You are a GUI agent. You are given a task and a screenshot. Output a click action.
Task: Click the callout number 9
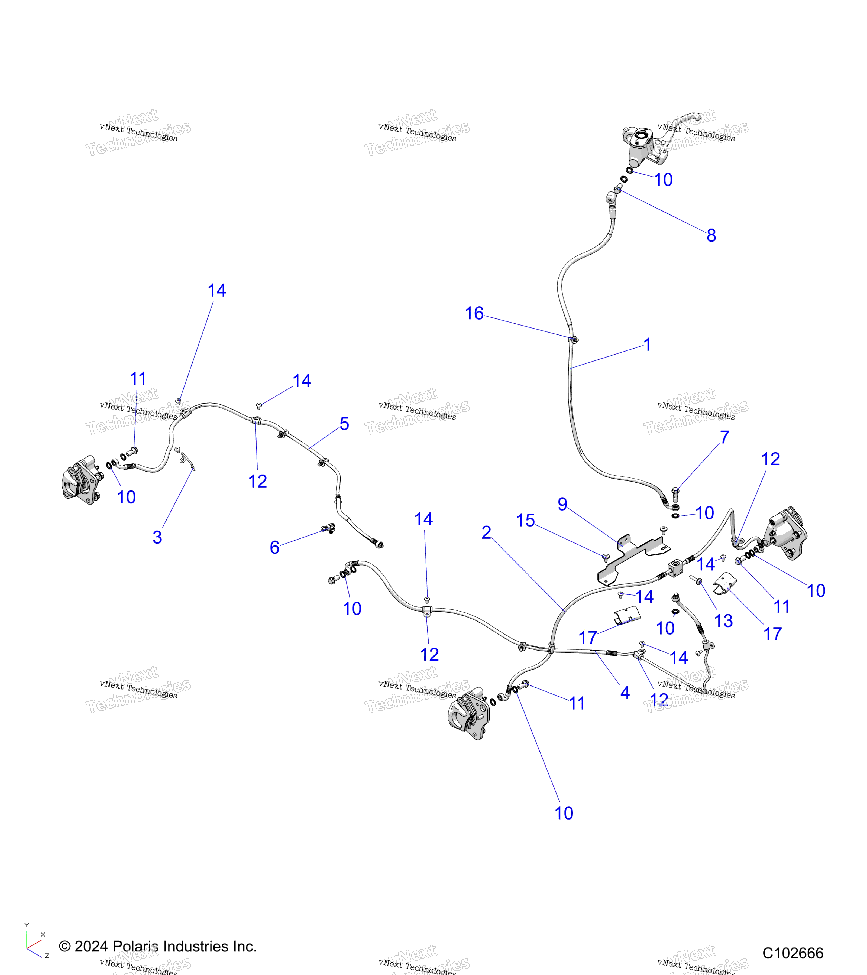click(562, 504)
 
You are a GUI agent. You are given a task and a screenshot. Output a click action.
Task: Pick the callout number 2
click(486, 532)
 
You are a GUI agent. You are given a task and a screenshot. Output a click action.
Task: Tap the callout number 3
click(157, 537)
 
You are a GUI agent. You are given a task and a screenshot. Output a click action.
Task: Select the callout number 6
click(274, 547)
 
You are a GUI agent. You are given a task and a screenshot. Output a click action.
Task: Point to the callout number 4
click(625, 693)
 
